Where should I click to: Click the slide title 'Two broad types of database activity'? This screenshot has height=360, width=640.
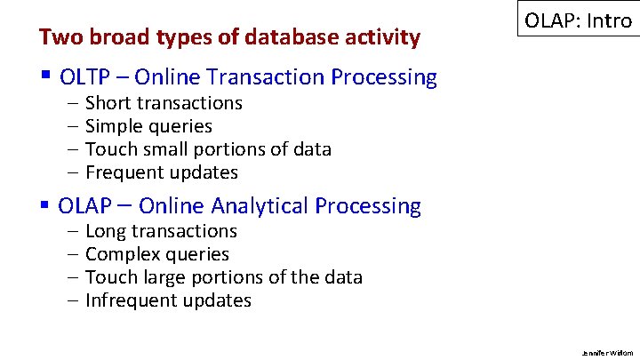tap(229, 37)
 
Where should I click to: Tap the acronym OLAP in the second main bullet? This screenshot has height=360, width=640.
tap(85, 206)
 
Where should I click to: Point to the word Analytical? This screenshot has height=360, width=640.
tap(260, 206)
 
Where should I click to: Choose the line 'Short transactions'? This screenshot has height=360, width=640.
tap(164, 103)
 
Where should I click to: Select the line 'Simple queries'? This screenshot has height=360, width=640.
tap(148, 126)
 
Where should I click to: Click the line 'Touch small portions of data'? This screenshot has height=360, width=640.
tap(208, 149)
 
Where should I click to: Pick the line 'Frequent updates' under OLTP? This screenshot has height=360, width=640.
tap(162, 172)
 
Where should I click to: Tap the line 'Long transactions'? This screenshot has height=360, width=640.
tap(161, 231)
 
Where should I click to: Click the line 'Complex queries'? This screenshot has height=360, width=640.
tap(157, 254)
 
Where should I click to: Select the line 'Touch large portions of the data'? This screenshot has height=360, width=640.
tap(223, 277)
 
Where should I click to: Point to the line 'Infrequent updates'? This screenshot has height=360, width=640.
tap(168, 300)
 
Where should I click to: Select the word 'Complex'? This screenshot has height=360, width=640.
tap(120, 254)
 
